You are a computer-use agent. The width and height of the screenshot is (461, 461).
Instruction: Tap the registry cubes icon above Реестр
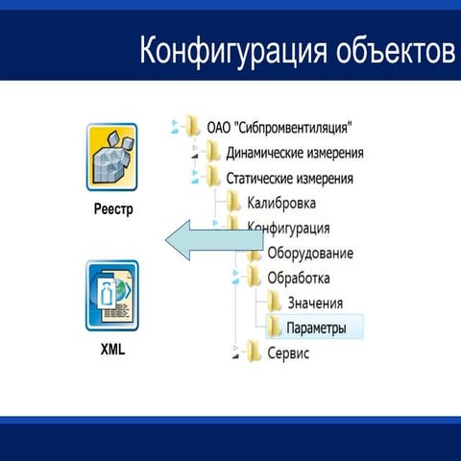point(112,157)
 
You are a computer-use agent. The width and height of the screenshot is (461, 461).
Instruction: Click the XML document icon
point(112,296)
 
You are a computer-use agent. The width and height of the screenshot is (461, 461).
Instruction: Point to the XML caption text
point(112,350)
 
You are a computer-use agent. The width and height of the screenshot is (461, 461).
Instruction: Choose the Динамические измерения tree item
point(294,153)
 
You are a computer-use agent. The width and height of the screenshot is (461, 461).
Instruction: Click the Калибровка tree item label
point(281,203)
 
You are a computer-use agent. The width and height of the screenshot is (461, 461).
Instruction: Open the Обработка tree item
point(298,279)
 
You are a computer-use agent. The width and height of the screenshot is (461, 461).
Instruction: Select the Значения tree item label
point(314,303)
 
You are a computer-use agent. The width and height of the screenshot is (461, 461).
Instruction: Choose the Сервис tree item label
point(289,353)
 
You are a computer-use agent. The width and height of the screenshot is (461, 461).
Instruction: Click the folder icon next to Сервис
point(254,352)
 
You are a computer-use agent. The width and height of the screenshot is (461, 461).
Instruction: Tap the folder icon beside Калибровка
point(233,203)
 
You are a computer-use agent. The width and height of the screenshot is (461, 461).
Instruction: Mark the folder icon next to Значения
point(274,303)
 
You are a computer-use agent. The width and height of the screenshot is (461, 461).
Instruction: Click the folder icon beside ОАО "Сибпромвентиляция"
point(194,127)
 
